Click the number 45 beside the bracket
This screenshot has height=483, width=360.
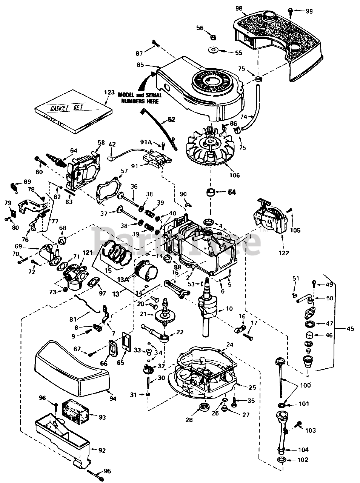(351, 329)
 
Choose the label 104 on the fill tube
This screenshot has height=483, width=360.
(303, 449)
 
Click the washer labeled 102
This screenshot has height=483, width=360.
(281, 460)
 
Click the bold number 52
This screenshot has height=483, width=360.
(172, 120)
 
